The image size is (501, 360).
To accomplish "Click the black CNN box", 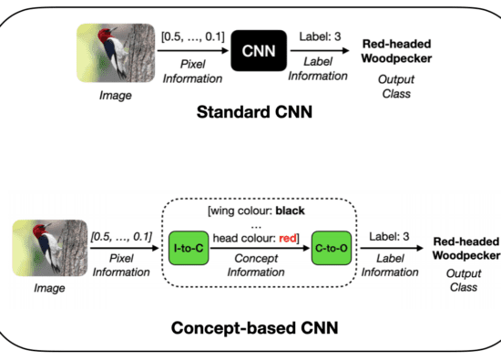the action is coord(259,50).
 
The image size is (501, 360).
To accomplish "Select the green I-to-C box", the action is coord(189,248).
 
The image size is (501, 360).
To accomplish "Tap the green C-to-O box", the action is coord(332,248).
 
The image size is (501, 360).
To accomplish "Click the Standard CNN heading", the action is coord(254,112).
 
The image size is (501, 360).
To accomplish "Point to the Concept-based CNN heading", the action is coord(255,328).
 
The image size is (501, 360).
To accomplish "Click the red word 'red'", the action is coord(288,238).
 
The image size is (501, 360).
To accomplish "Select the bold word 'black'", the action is coord(290,211).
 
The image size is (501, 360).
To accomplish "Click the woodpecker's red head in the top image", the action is coord(106,36).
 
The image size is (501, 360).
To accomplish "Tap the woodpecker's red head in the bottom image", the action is coord(40,231).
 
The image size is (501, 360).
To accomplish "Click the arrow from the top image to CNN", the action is coord(193,50).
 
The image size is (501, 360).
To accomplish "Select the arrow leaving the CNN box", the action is coord(320,50).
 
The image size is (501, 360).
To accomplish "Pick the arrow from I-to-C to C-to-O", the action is coord(260,248).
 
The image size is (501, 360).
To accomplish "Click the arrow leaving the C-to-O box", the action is coord(392,248).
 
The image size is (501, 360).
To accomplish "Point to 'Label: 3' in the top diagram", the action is coord(320,36).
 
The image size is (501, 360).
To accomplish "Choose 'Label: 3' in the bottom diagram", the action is coord(389,237).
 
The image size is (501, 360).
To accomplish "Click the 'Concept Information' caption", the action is coord(256,265).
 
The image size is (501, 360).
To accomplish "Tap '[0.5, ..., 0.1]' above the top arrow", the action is coord(193,36).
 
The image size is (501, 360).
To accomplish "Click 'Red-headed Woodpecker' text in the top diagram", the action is coord(396,51).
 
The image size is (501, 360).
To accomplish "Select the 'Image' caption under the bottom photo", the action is coord(49,288).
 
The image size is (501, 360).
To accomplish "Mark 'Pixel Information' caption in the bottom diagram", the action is coord(121,265).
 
